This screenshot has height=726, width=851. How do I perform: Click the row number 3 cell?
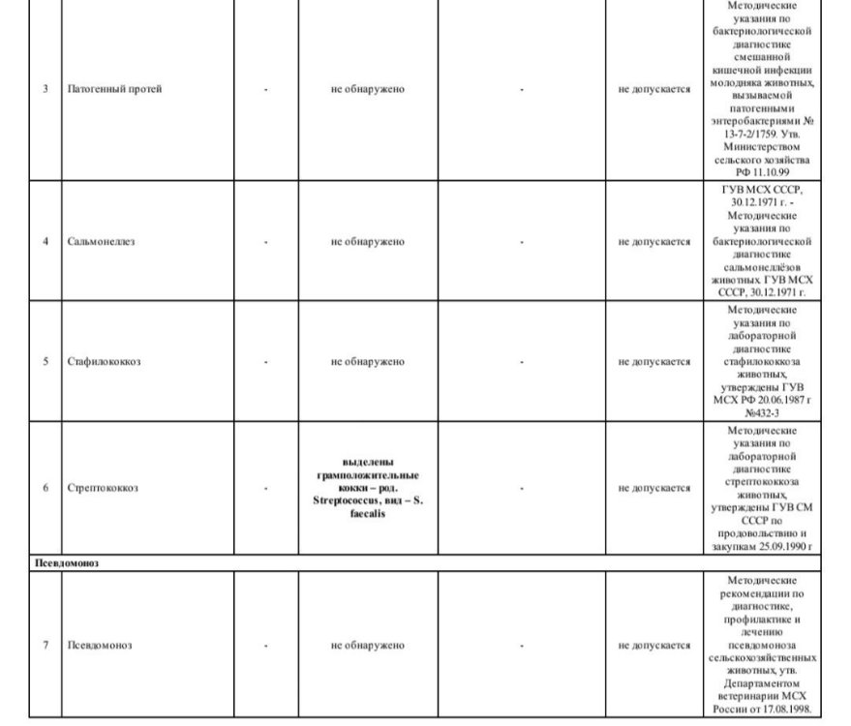click(46, 89)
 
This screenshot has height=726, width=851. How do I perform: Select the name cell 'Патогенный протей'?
click(114, 89)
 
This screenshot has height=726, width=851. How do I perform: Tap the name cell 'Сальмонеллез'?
click(101, 241)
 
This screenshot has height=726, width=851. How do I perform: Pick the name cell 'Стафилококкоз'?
click(104, 362)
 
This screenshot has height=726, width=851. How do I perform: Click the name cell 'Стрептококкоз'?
click(103, 488)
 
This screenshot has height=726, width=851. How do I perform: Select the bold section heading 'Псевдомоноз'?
click(65, 561)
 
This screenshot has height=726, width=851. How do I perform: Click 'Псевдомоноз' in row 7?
click(99, 646)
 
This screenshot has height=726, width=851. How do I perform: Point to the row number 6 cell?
click(46, 488)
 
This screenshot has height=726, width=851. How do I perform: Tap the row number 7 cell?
click(46, 646)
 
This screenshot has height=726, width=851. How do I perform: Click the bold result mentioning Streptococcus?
click(367, 488)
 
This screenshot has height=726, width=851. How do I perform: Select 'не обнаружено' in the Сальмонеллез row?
click(367, 241)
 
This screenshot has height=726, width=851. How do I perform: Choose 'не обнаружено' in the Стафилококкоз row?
click(367, 362)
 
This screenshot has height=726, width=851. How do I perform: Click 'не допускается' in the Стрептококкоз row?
click(654, 488)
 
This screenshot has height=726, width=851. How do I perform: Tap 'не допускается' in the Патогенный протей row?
click(654, 89)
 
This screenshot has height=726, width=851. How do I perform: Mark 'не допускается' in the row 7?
click(654, 646)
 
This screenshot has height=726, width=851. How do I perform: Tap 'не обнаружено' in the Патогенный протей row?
click(367, 89)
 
